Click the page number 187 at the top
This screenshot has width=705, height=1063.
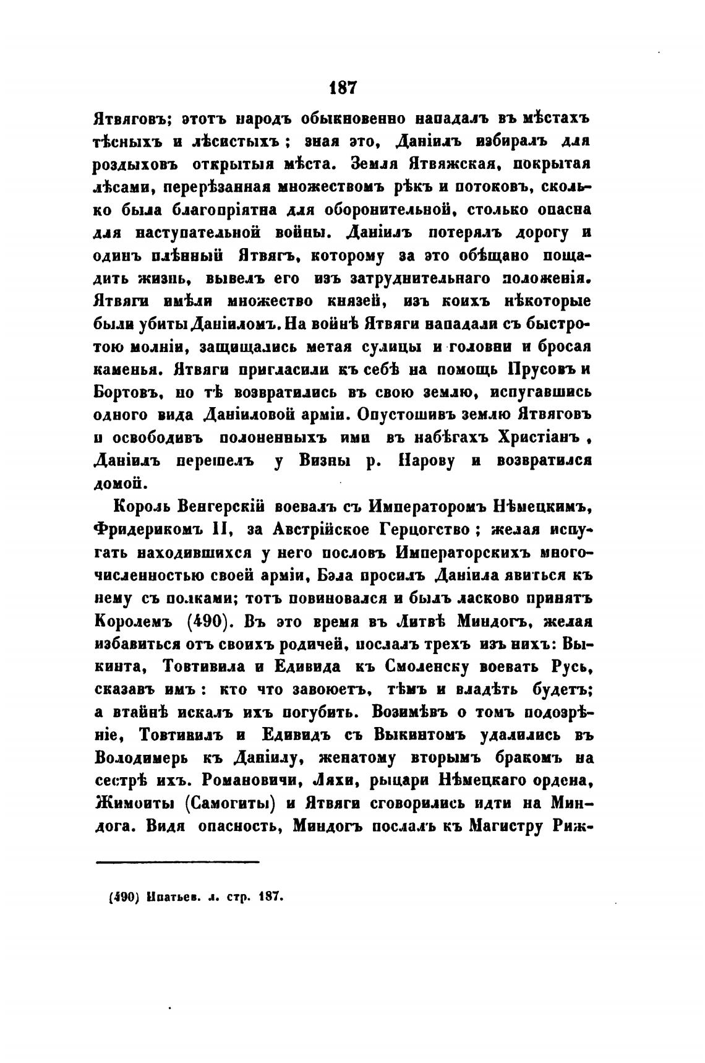click(344, 87)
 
